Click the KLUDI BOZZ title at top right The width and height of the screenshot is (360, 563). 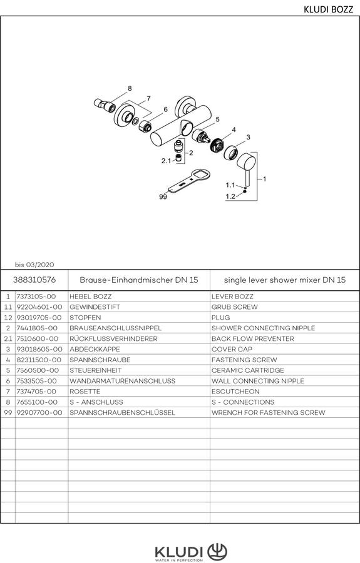point(329,9)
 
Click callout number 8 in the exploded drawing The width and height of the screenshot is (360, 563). point(130,88)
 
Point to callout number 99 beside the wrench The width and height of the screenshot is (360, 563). point(163,197)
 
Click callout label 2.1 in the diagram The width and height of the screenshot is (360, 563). point(166,161)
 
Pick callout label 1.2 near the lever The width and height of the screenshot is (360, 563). point(230,196)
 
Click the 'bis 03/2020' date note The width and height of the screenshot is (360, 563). point(34,265)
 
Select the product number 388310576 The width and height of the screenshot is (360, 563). point(34,280)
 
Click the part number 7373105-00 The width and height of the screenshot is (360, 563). point(36,297)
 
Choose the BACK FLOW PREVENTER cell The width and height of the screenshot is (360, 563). point(252,338)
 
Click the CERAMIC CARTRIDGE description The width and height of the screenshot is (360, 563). point(247,370)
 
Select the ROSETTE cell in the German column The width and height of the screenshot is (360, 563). point(85,392)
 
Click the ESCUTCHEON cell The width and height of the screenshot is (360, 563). point(235,392)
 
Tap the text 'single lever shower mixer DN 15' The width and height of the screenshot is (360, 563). point(284,280)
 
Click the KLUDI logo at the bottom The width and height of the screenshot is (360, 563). point(191,552)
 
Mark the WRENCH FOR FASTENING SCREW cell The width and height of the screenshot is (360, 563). point(268,413)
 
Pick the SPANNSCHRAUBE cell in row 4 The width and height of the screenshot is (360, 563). point(100,360)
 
